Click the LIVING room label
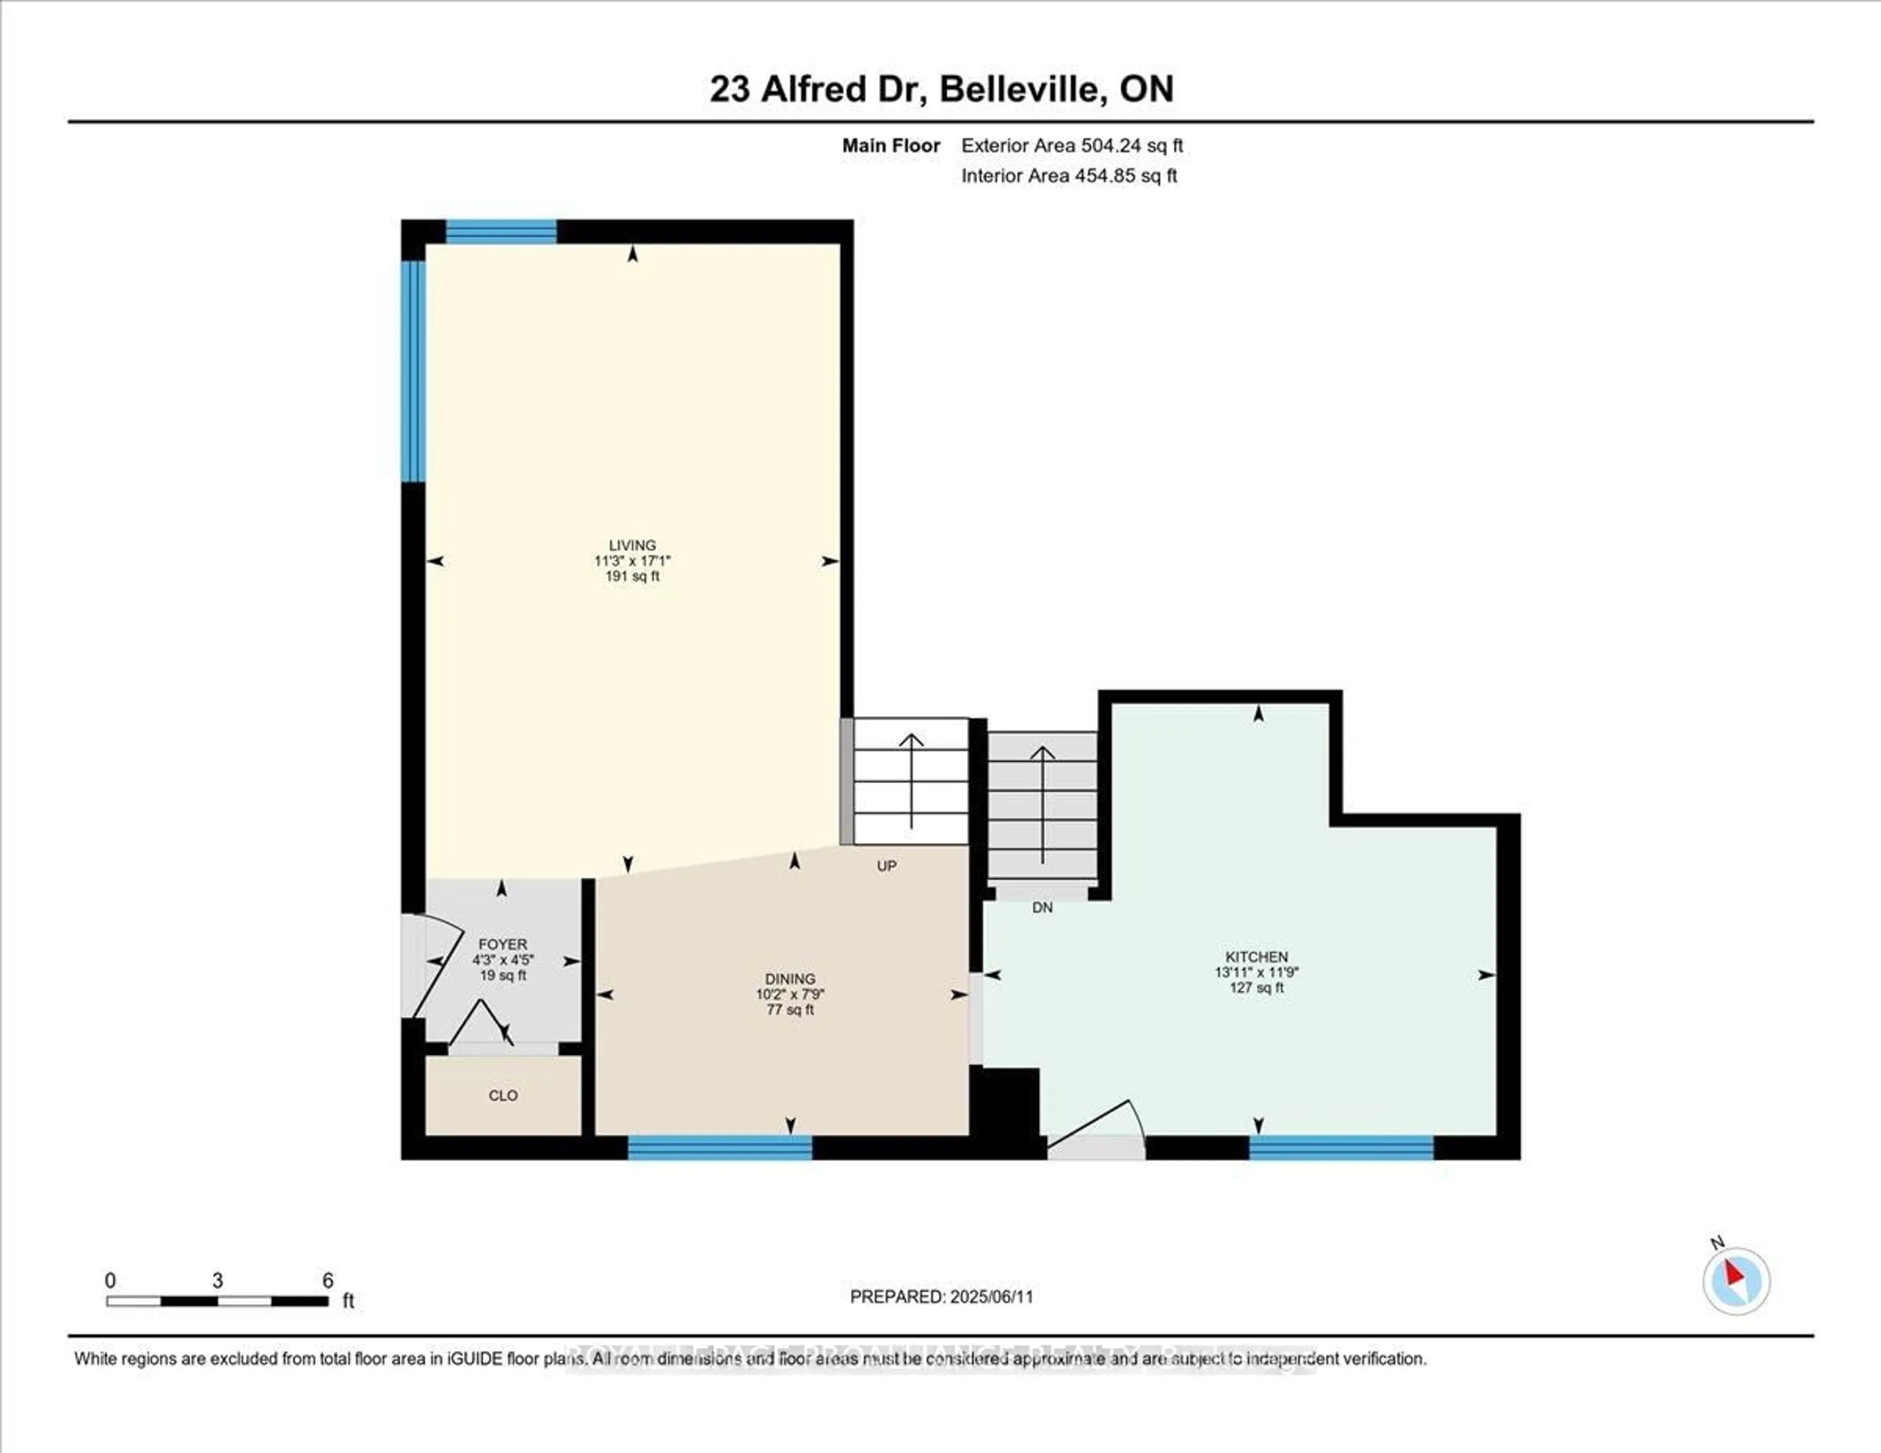pos(632,545)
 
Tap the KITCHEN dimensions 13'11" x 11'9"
pos(1256,972)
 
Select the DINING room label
pos(790,978)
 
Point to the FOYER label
pos(503,945)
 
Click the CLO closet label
pos(503,1095)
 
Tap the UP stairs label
pos(886,866)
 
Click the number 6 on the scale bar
pos(327,1281)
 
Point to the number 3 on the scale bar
pos(218,1281)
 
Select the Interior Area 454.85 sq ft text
pos(1069,176)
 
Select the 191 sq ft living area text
pos(632,576)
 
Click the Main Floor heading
pos(891,145)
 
